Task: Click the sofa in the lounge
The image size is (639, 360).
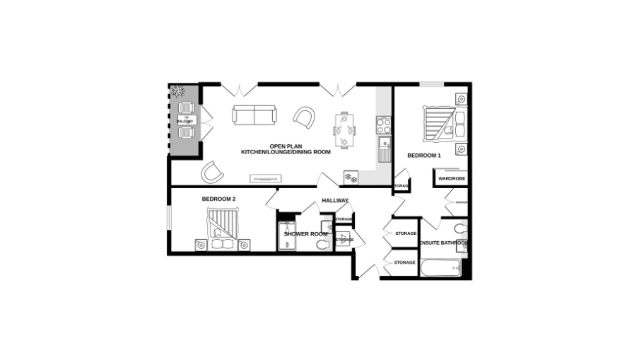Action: (x=255, y=115)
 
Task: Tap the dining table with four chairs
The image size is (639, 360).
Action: (x=345, y=129)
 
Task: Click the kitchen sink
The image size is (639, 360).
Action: (x=385, y=150)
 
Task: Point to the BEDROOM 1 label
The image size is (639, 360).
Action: (x=424, y=155)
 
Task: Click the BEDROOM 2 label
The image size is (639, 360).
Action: (x=218, y=199)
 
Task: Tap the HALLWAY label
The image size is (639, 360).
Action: (x=335, y=201)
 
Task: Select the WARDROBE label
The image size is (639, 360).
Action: (x=450, y=179)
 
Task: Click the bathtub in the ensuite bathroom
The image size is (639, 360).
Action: (x=440, y=268)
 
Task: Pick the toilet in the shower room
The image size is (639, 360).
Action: (x=322, y=245)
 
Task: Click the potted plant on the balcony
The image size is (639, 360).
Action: (x=177, y=91)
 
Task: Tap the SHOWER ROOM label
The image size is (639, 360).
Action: (x=305, y=233)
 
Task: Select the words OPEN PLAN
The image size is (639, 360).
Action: (x=286, y=146)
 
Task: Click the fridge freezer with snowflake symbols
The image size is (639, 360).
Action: (x=351, y=178)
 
